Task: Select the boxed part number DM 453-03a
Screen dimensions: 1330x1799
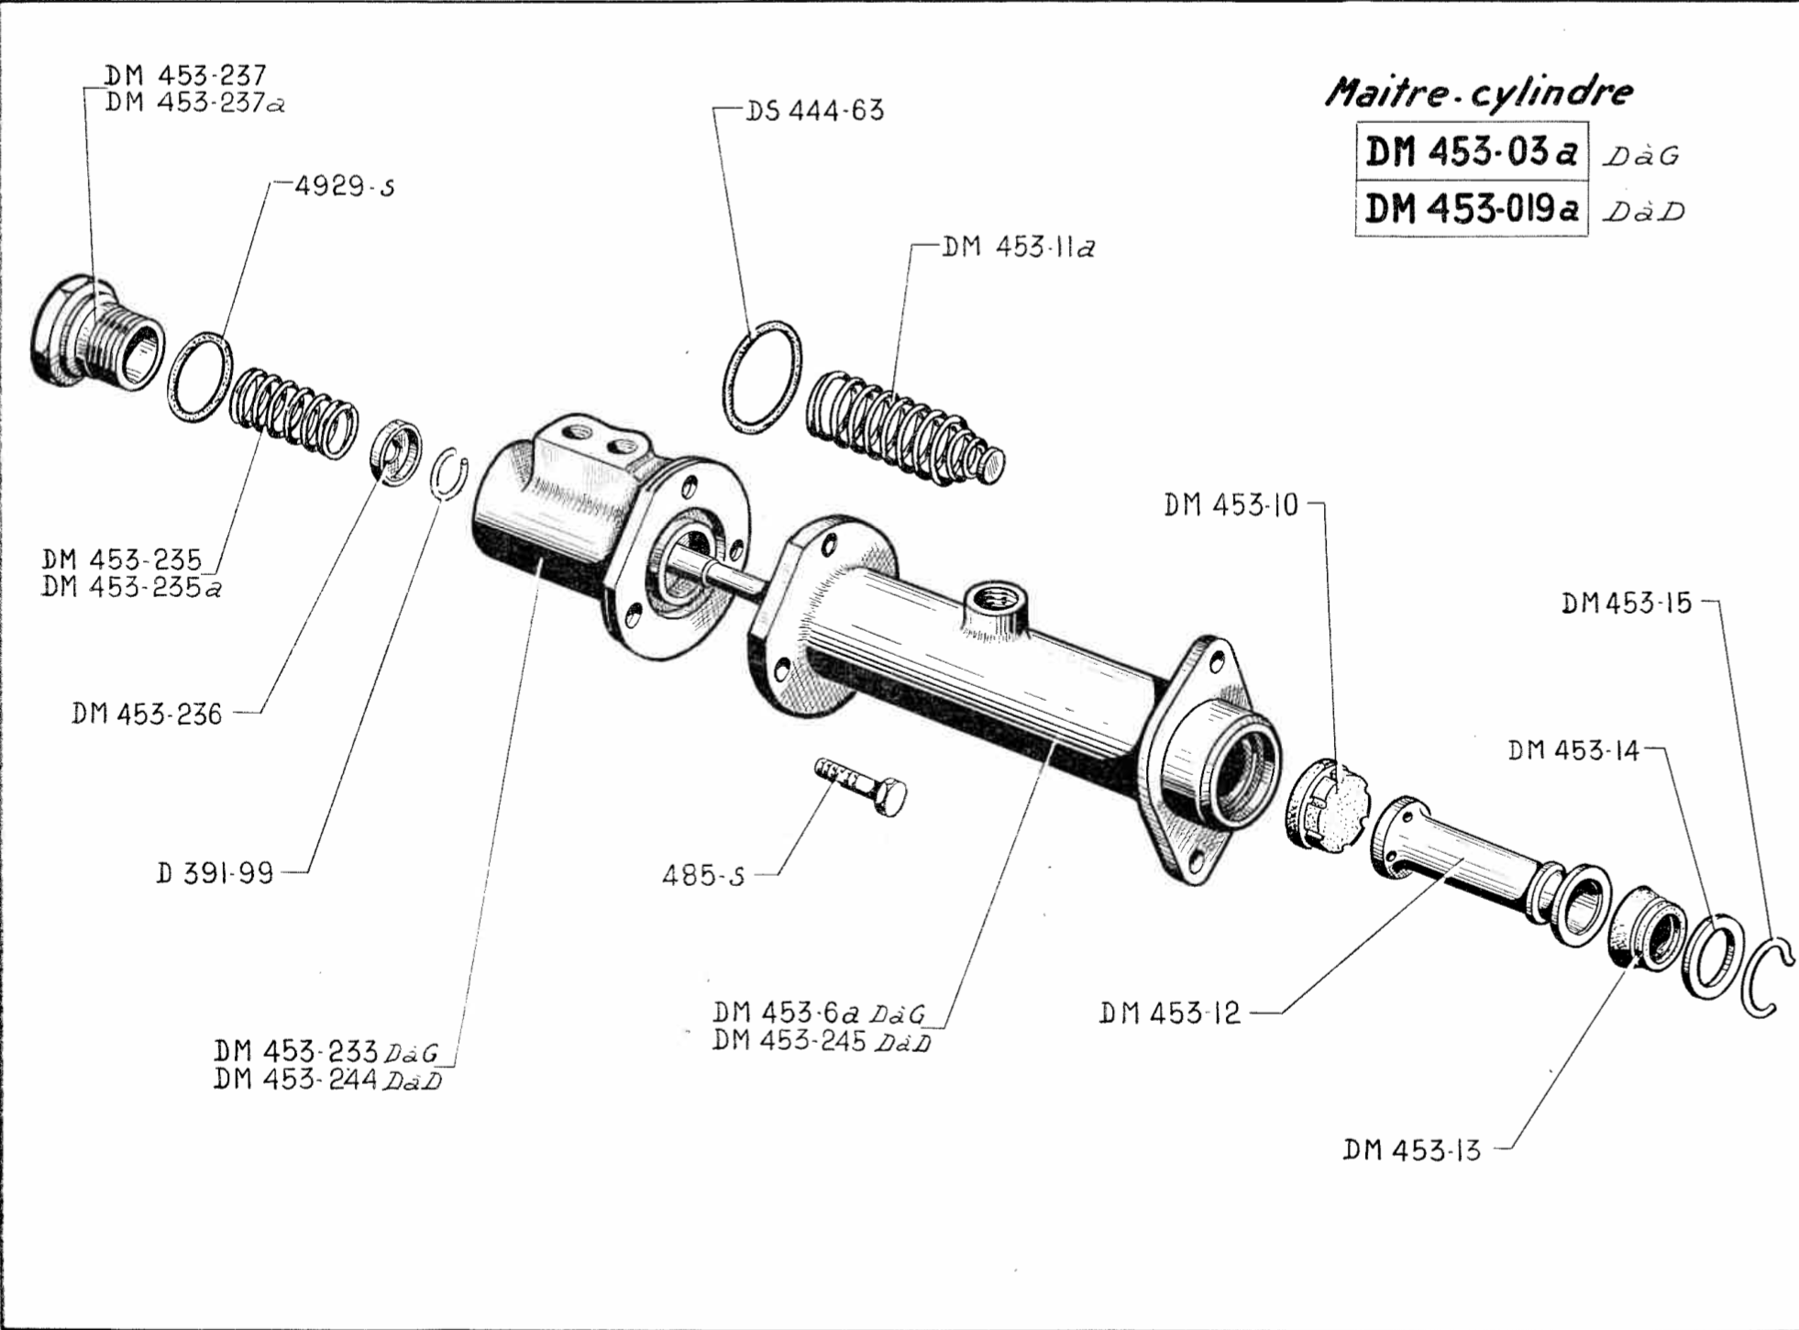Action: pyautogui.click(x=1470, y=152)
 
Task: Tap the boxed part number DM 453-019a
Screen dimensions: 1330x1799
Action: pyautogui.click(x=1471, y=209)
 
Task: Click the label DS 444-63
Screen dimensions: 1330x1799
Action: pyautogui.click(x=814, y=111)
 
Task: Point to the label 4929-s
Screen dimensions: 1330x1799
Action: pyautogui.click(x=345, y=186)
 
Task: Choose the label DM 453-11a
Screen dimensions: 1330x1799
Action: pyautogui.click(x=1018, y=247)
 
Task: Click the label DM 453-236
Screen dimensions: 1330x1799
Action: pyautogui.click(x=147, y=714)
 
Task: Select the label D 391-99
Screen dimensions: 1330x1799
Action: pyautogui.click(x=215, y=873)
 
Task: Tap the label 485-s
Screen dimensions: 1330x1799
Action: pyautogui.click(x=703, y=876)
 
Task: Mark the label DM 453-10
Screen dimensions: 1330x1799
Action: pyautogui.click(x=1231, y=505)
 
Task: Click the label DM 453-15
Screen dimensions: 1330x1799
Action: pyautogui.click(x=1626, y=604)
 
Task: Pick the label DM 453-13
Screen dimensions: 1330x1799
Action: pyautogui.click(x=1411, y=1149)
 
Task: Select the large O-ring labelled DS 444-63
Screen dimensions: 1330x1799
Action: pyautogui.click(x=761, y=376)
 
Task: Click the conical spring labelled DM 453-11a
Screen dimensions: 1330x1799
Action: pyautogui.click(x=903, y=428)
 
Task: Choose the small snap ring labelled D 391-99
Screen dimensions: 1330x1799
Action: pyautogui.click(x=449, y=475)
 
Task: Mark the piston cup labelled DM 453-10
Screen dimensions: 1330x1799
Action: pyautogui.click(x=1326, y=805)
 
